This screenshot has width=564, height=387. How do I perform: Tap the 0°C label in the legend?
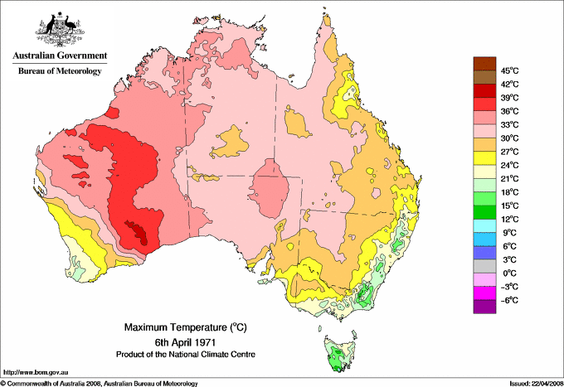tap(508, 273)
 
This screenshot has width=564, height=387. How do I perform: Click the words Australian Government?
tap(59, 56)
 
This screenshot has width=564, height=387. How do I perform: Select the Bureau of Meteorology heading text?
tap(59, 71)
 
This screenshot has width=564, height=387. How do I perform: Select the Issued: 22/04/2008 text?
tap(532, 382)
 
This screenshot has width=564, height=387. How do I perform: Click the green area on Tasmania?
tap(337, 359)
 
